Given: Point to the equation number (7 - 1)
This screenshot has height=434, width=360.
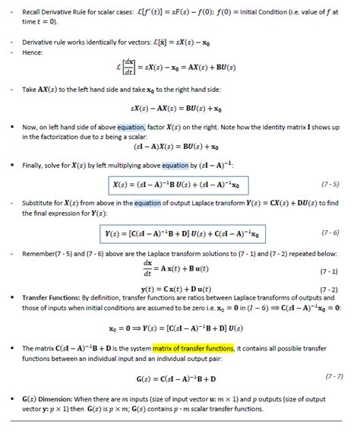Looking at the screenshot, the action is (x=329, y=271).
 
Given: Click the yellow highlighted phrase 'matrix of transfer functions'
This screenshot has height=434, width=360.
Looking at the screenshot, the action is (x=194, y=347).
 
